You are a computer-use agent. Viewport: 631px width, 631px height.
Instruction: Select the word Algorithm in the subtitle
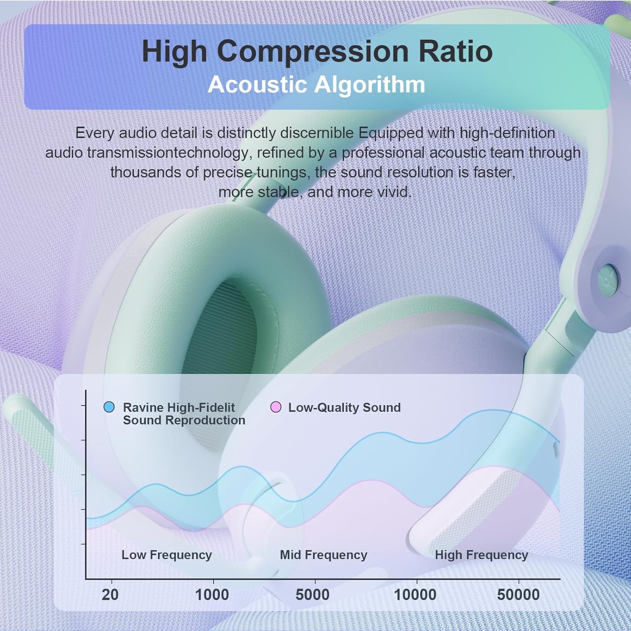tap(370, 85)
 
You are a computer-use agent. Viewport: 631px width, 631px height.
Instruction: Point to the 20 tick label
tap(110, 595)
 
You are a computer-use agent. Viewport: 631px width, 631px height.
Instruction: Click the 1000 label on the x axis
tap(212, 595)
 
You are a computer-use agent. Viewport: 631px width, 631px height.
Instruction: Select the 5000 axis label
tap(313, 595)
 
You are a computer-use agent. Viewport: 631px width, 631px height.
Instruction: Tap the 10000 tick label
tap(415, 595)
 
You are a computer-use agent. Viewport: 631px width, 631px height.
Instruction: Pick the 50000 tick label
tap(518, 595)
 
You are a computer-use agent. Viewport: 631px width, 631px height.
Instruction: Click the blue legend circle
tap(109, 407)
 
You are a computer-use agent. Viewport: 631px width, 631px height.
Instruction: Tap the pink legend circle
tap(276, 407)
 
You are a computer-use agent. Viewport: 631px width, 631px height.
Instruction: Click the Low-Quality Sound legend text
tap(345, 407)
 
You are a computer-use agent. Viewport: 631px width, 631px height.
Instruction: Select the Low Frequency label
tap(167, 555)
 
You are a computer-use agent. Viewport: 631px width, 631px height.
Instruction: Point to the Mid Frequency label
tap(324, 555)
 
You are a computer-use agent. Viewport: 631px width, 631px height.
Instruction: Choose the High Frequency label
tap(481, 555)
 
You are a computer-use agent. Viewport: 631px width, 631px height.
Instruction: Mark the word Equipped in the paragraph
tap(391, 133)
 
